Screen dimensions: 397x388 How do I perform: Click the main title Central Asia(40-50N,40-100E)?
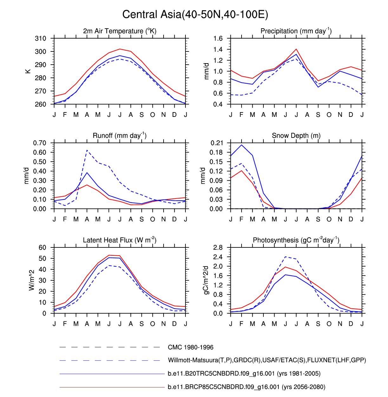[195, 15]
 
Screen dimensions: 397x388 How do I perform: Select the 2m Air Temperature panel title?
[120, 31]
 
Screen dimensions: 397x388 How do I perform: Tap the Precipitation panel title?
[296, 31]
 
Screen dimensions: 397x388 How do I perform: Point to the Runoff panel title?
[120, 136]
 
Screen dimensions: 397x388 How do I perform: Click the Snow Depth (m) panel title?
[296, 136]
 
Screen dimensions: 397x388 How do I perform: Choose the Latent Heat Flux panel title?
[120, 240]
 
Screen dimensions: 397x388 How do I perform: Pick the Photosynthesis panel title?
[296, 240]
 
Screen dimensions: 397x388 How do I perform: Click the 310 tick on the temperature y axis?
[41, 38]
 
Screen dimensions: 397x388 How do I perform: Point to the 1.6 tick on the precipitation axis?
[218, 38]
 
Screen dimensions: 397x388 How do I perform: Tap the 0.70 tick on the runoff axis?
[40, 143]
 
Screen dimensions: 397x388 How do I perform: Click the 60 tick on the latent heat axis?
[42, 247]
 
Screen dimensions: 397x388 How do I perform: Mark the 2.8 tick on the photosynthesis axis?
[218, 247]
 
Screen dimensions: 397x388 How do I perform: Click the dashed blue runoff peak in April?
[87, 150]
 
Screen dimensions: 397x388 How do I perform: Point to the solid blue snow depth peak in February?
[242, 145]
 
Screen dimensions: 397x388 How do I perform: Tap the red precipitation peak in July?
[296, 49]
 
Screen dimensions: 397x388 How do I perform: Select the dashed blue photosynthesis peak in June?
[285, 257]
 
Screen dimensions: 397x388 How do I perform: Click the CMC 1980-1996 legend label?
[191, 347]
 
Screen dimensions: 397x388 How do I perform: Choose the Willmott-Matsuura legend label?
[267, 360]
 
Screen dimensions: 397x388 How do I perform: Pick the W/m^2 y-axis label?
[31, 280]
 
